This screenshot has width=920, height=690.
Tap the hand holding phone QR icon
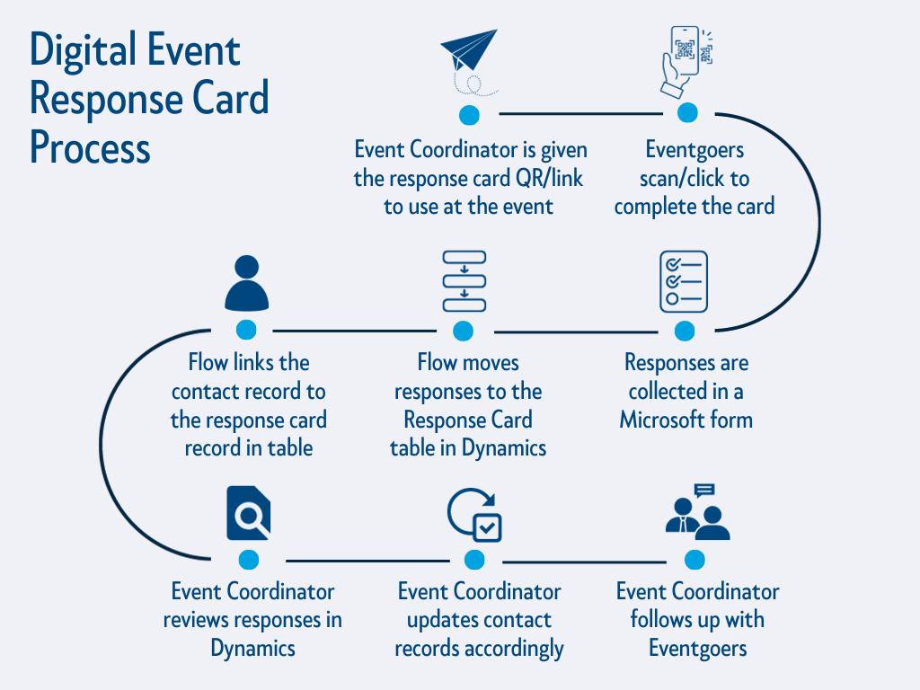tap(686, 61)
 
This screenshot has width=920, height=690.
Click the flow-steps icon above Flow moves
tap(464, 281)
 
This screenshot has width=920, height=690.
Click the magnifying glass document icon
tap(249, 512)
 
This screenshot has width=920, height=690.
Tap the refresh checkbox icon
tap(474, 515)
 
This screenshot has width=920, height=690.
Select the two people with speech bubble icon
tap(696, 513)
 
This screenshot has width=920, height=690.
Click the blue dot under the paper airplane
tap(469, 115)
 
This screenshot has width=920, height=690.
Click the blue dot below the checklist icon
tap(685, 331)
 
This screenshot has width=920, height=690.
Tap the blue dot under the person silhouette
tap(246, 331)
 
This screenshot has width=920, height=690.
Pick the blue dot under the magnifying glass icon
tap(249, 560)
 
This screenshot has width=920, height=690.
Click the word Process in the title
tap(90, 146)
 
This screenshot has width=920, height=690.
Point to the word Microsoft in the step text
tap(662, 420)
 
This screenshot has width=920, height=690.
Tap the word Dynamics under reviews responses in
tap(252, 648)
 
